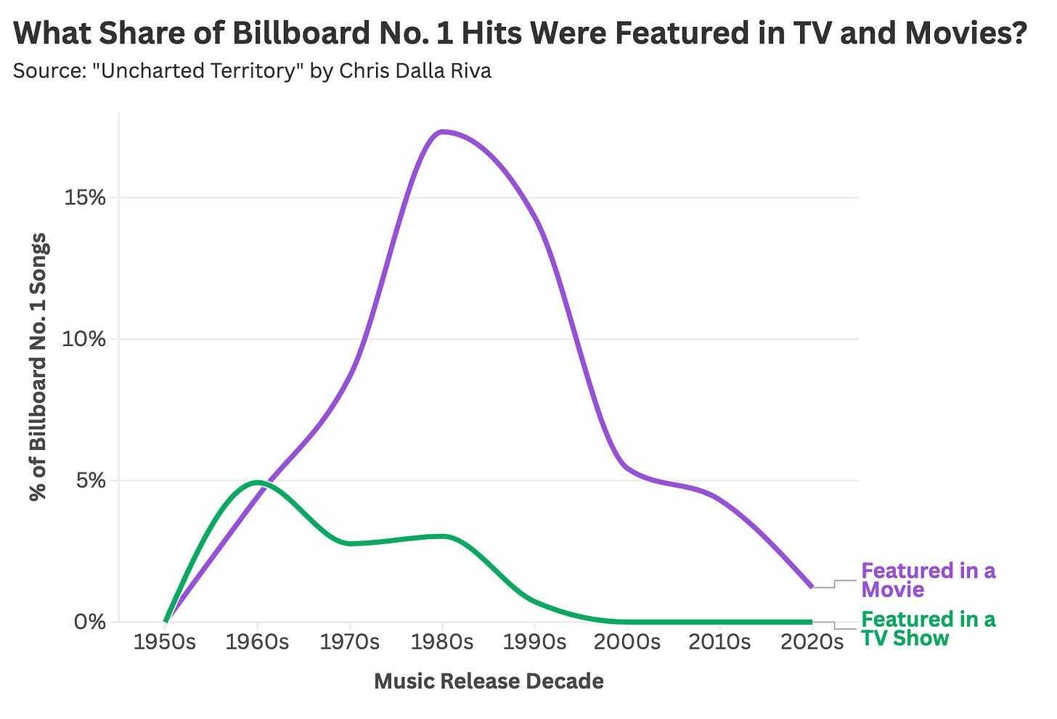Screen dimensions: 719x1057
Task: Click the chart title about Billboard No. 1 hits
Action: pyautogui.click(x=520, y=33)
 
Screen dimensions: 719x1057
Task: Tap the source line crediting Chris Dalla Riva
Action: pyautogui.click(x=252, y=71)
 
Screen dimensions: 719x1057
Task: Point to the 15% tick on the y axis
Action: pyautogui.click(x=86, y=197)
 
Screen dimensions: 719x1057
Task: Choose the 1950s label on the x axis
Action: pyautogui.click(x=165, y=642)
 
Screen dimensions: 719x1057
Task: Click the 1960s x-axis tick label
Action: pyautogui.click(x=257, y=642)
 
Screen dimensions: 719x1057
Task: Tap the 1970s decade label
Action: pyautogui.click(x=350, y=642)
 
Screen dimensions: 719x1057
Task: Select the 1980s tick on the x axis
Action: pyautogui.click(x=442, y=642)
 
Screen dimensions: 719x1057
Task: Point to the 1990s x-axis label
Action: pyautogui.click(x=535, y=642)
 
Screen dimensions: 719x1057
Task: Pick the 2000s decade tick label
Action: pyautogui.click(x=627, y=642)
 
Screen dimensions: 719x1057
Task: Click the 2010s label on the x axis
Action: pyautogui.click(x=719, y=642)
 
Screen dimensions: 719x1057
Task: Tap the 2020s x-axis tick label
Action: pyautogui.click(x=812, y=642)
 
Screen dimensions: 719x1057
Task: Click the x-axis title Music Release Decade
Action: pyautogui.click(x=489, y=681)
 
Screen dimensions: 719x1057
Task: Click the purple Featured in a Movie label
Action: pyautogui.click(x=928, y=580)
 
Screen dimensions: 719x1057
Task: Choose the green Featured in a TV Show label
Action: pyautogui.click(x=928, y=628)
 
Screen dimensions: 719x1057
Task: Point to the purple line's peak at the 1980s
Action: pyautogui.click(x=442, y=131)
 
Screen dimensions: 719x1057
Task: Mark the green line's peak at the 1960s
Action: pyautogui.click(x=258, y=482)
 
